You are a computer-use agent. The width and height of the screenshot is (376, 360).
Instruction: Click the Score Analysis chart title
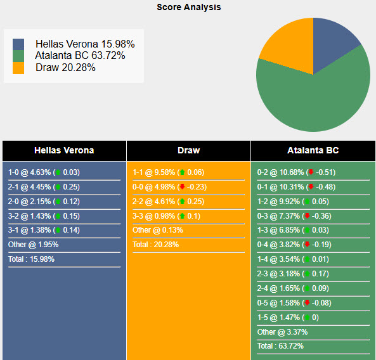[189, 8]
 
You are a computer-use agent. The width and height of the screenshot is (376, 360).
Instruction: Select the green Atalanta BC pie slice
[317, 95]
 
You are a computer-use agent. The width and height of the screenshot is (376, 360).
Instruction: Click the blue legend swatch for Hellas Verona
[18, 44]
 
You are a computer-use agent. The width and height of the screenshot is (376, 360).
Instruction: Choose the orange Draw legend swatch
[18, 68]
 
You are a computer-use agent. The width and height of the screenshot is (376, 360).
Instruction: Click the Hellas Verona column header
[64, 151]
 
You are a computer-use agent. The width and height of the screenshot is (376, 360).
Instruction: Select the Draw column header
[188, 151]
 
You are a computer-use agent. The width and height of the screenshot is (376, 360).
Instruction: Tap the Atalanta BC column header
[313, 151]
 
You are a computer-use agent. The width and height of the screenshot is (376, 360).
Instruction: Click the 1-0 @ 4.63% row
[44, 172]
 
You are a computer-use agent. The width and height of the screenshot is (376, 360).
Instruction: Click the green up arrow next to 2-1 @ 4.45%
[58, 187]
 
